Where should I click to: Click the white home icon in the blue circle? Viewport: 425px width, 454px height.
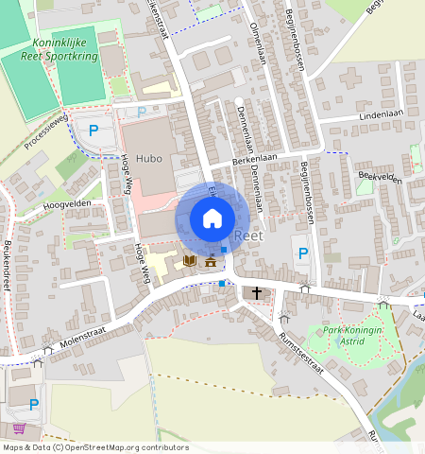pyautogui.click(x=212, y=218)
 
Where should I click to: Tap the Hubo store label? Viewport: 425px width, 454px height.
pyautogui.click(x=149, y=159)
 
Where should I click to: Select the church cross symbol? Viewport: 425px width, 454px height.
pyautogui.click(x=257, y=293)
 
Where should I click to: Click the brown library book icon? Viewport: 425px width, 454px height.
pyautogui.click(x=189, y=260)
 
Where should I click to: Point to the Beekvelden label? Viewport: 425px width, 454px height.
pyautogui.click(x=380, y=178)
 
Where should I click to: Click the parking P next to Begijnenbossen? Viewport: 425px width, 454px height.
pyautogui.click(x=302, y=253)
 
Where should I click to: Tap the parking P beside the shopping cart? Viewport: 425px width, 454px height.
pyautogui.click(x=34, y=404)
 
